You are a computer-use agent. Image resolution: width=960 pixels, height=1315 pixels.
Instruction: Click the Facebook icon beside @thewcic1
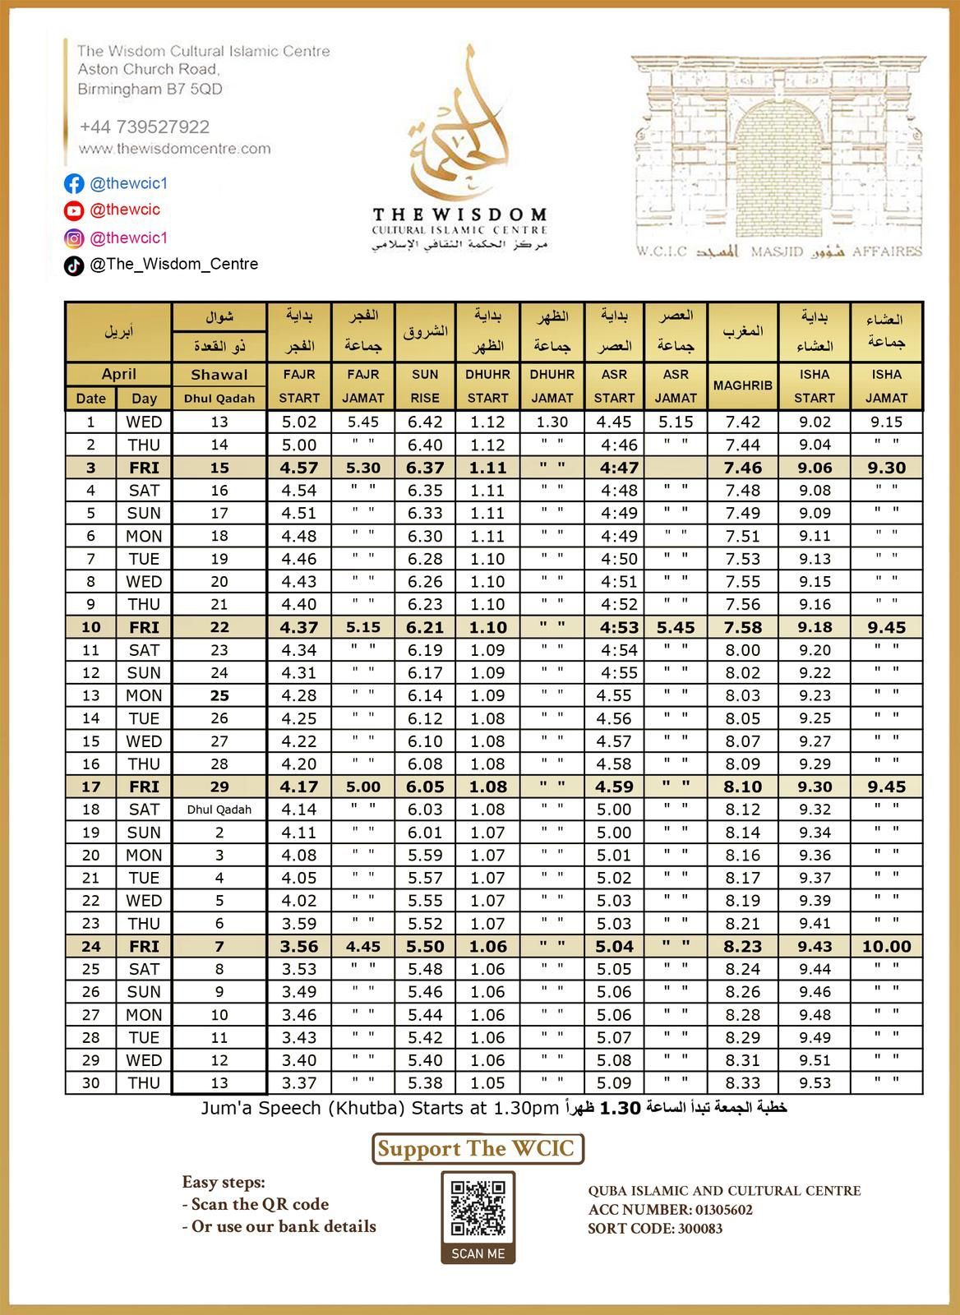point(74,183)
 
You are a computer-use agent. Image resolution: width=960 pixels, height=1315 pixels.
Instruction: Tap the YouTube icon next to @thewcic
point(74,210)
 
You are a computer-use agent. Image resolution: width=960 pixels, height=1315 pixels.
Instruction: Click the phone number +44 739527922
point(145,127)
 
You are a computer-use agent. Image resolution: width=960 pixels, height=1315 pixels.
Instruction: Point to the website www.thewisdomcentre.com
point(174,149)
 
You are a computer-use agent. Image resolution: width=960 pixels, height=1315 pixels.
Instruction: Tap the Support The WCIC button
point(478,1148)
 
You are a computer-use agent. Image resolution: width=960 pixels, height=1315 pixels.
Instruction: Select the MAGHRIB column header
point(742,385)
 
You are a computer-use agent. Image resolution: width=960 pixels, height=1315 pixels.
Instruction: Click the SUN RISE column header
point(425,385)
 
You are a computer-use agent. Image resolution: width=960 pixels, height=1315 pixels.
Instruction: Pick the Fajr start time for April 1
point(299,422)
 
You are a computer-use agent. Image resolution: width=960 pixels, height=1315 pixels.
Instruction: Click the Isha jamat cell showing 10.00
point(886,946)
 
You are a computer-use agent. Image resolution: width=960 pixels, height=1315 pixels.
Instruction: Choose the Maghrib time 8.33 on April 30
point(742,1083)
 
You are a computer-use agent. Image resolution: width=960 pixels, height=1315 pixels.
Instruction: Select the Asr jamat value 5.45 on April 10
point(676,627)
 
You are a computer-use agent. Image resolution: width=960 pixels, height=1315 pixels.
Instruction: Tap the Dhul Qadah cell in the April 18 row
point(219,810)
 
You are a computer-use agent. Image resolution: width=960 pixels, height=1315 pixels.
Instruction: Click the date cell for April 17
point(90,787)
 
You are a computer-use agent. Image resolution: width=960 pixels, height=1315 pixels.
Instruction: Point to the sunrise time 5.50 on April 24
point(425,946)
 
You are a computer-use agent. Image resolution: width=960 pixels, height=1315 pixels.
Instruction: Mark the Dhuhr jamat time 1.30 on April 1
point(552,422)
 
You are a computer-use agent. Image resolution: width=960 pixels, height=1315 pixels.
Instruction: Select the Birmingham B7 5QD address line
point(150,89)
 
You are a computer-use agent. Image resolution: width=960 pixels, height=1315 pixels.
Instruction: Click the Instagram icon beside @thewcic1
point(74,238)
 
